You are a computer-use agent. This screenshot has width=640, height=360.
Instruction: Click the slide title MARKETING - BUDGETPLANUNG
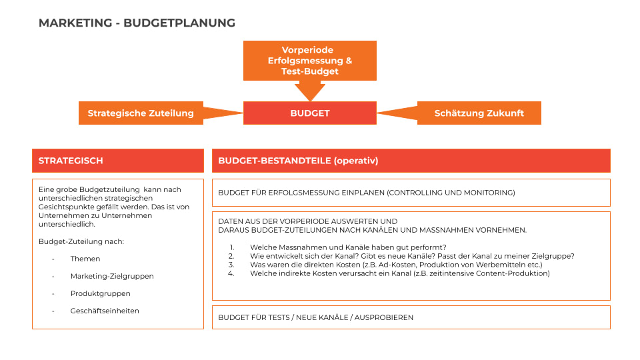[x=137, y=23]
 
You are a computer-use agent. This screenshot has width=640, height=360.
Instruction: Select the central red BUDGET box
[x=310, y=113]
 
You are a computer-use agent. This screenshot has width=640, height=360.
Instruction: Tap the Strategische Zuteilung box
[x=141, y=113]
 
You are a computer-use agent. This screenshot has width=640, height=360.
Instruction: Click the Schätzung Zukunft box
[x=479, y=113]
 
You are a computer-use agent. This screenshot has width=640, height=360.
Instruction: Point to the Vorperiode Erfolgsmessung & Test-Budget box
[x=310, y=61]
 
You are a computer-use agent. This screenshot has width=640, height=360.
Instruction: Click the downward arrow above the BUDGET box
[x=310, y=91]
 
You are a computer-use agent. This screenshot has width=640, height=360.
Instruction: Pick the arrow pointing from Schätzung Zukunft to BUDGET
[x=397, y=113]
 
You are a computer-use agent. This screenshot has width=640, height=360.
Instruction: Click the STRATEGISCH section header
[x=118, y=161]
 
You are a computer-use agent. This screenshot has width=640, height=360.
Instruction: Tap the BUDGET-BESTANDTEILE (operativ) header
[x=411, y=161]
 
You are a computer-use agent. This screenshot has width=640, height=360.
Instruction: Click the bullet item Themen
[x=85, y=259]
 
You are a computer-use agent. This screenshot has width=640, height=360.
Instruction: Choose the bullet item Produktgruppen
[x=100, y=293]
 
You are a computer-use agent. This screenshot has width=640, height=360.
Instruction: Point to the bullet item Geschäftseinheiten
[x=105, y=311]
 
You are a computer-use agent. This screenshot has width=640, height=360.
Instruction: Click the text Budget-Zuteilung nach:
[x=81, y=241]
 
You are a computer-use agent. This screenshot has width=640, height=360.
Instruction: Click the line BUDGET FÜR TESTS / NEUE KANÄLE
[x=316, y=317]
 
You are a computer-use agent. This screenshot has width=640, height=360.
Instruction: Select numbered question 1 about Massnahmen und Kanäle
[x=348, y=247]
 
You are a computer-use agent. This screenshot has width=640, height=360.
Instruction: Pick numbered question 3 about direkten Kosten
[x=396, y=265]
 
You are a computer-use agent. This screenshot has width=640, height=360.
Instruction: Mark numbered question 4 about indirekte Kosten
[x=400, y=273]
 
